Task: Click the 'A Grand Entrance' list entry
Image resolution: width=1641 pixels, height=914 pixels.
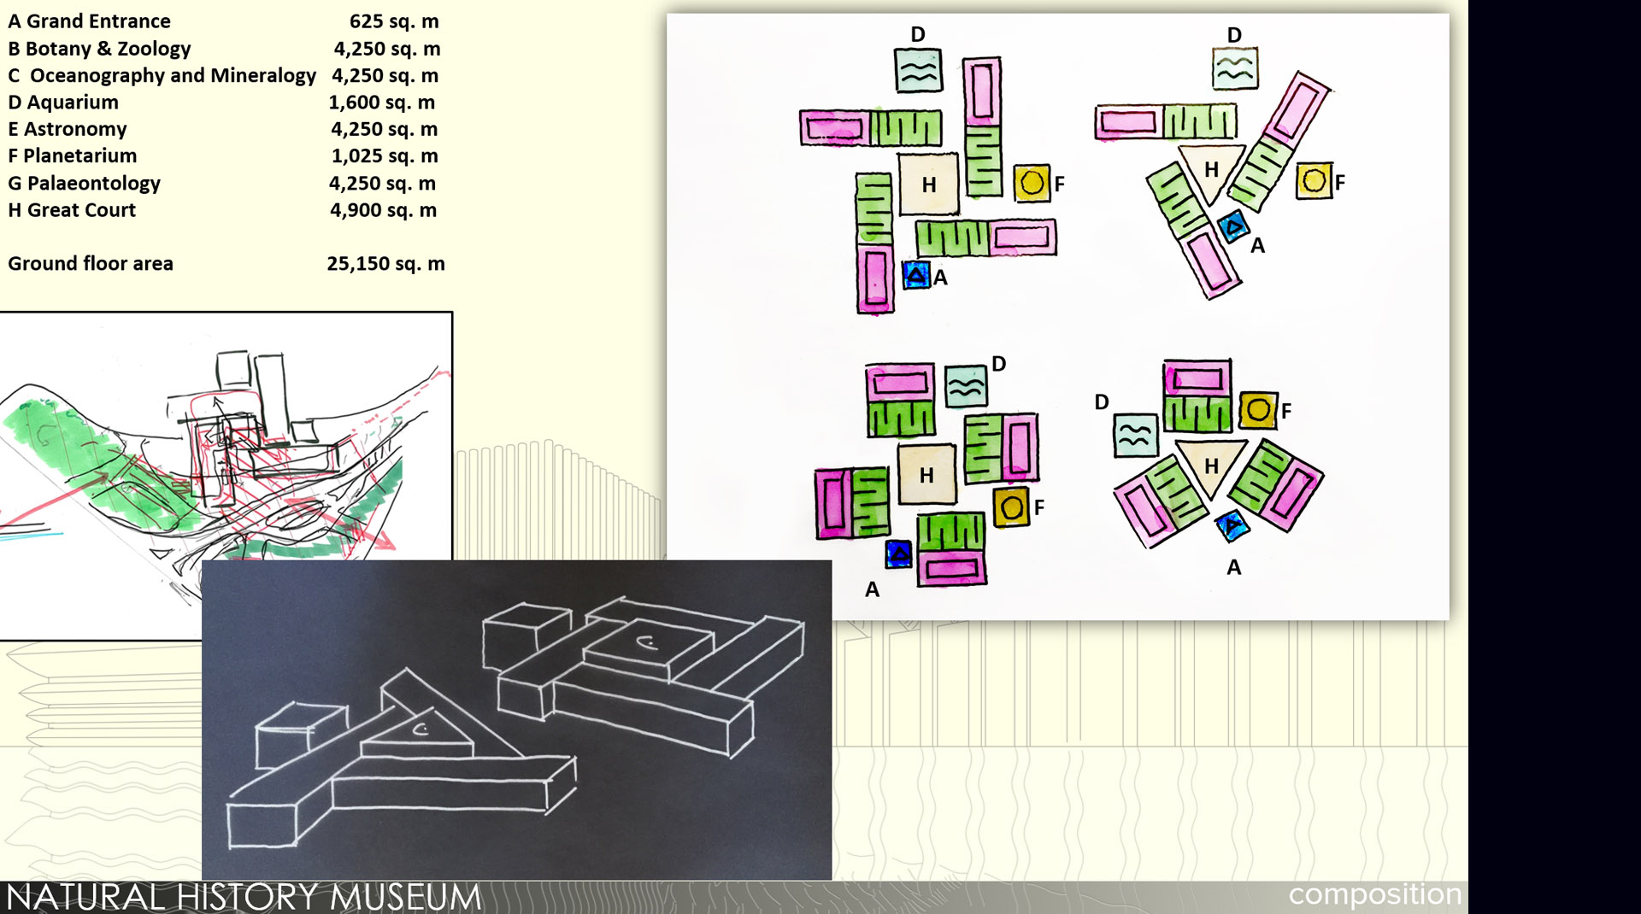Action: coord(89,21)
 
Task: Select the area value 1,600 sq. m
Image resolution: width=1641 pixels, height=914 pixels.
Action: coord(382,103)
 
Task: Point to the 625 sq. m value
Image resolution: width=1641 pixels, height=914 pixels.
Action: coord(394,21)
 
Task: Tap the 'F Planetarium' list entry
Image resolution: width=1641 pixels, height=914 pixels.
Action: coord(73,156)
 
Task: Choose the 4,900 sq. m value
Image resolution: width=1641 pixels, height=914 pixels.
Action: coord(383,210)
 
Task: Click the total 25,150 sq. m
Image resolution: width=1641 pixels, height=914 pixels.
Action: coord(385,264)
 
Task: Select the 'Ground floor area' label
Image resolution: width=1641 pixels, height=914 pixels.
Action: coord(91,264)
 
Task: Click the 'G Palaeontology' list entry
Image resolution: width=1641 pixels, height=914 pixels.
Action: coord(84,184)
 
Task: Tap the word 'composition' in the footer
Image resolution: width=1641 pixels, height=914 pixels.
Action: coord(1374,894)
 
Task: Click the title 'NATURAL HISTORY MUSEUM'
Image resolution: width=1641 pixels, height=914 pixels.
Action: coord(244,897)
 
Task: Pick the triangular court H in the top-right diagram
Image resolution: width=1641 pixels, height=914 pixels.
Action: coord(1210,171)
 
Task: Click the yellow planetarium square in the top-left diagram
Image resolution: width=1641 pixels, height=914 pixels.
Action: coord(1032,183)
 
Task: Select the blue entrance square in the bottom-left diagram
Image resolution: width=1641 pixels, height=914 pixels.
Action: coord(898,554)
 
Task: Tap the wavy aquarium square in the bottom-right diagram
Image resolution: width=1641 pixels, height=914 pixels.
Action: coord(1136,435)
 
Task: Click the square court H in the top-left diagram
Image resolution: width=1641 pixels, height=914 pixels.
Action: coord(929,184)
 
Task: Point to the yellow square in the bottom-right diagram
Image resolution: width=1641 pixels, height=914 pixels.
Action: coord(1258,411)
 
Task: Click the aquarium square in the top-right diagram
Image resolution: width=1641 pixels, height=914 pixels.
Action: coord(1235,69)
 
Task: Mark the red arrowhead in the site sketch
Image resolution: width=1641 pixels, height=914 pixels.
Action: coord(385,539)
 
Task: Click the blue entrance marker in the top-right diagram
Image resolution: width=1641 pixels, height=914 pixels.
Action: coord(1233,226)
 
